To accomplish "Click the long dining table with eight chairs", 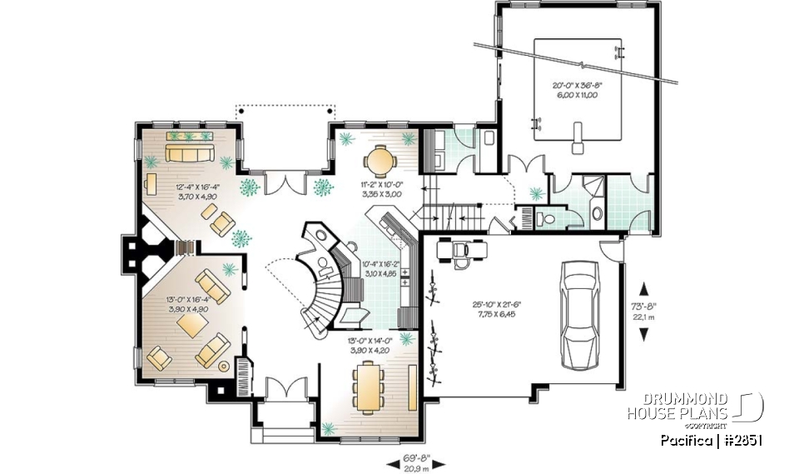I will coord(367,386).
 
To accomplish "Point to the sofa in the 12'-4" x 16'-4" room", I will coord(190,153).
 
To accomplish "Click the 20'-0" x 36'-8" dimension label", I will coord(575,90).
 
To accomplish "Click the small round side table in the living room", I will coord(223,366).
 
